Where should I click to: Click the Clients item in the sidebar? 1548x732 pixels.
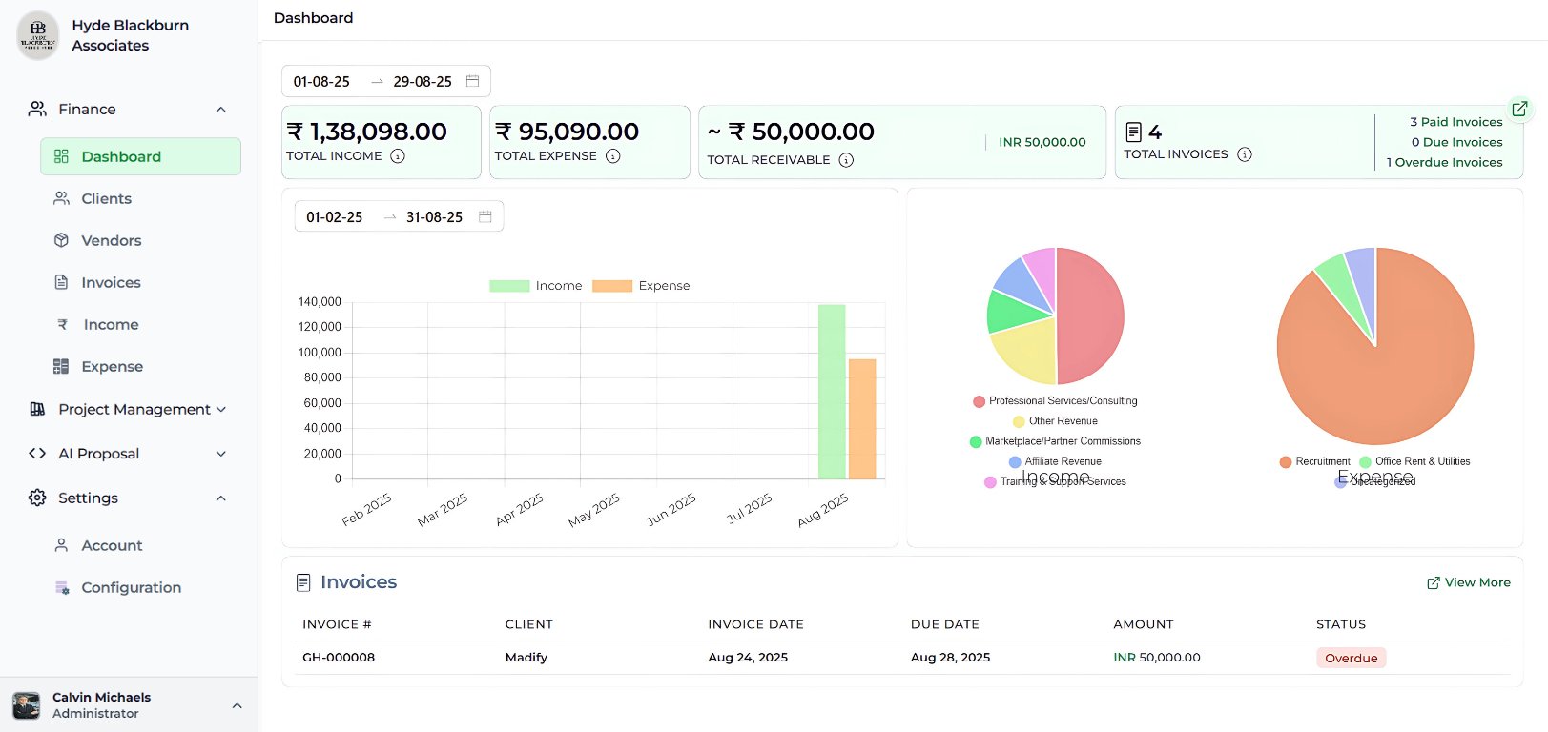[106, 198]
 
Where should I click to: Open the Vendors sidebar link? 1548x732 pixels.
[111, 240]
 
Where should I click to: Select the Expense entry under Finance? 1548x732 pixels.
[112, 366]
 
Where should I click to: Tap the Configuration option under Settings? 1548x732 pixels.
[131, 587]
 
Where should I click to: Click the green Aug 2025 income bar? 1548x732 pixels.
[832, 392]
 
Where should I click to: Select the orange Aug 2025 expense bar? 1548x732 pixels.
[862, 419]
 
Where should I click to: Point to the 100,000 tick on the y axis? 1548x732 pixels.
[320, 353]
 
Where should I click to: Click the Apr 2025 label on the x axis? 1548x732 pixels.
[520, 509]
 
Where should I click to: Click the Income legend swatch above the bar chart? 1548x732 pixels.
[509, 286]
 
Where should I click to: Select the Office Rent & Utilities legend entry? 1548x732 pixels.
[1421, 461]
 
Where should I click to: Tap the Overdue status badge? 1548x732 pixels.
[1351, 658]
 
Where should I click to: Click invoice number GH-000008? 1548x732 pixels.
[339, 658]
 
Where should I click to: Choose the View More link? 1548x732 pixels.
[1469, 582]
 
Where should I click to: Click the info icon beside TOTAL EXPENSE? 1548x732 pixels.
[613, 156]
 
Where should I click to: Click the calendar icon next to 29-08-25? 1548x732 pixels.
[472, 81]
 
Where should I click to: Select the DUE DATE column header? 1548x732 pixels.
[944, 624]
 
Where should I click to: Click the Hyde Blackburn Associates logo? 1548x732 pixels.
[38, 35]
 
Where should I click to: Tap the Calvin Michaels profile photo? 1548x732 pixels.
[27, 705]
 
